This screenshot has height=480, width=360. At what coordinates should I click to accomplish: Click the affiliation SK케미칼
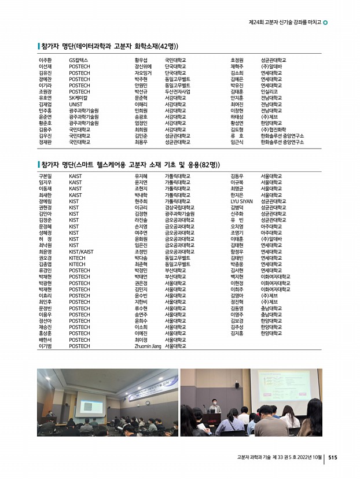[x=79, y=97]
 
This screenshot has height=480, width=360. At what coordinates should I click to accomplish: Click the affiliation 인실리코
[x=269, y=91]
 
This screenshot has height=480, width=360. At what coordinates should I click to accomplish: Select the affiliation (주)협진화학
[x=274, y=129]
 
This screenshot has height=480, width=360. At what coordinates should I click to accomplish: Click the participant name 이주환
[x=45, y=60]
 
